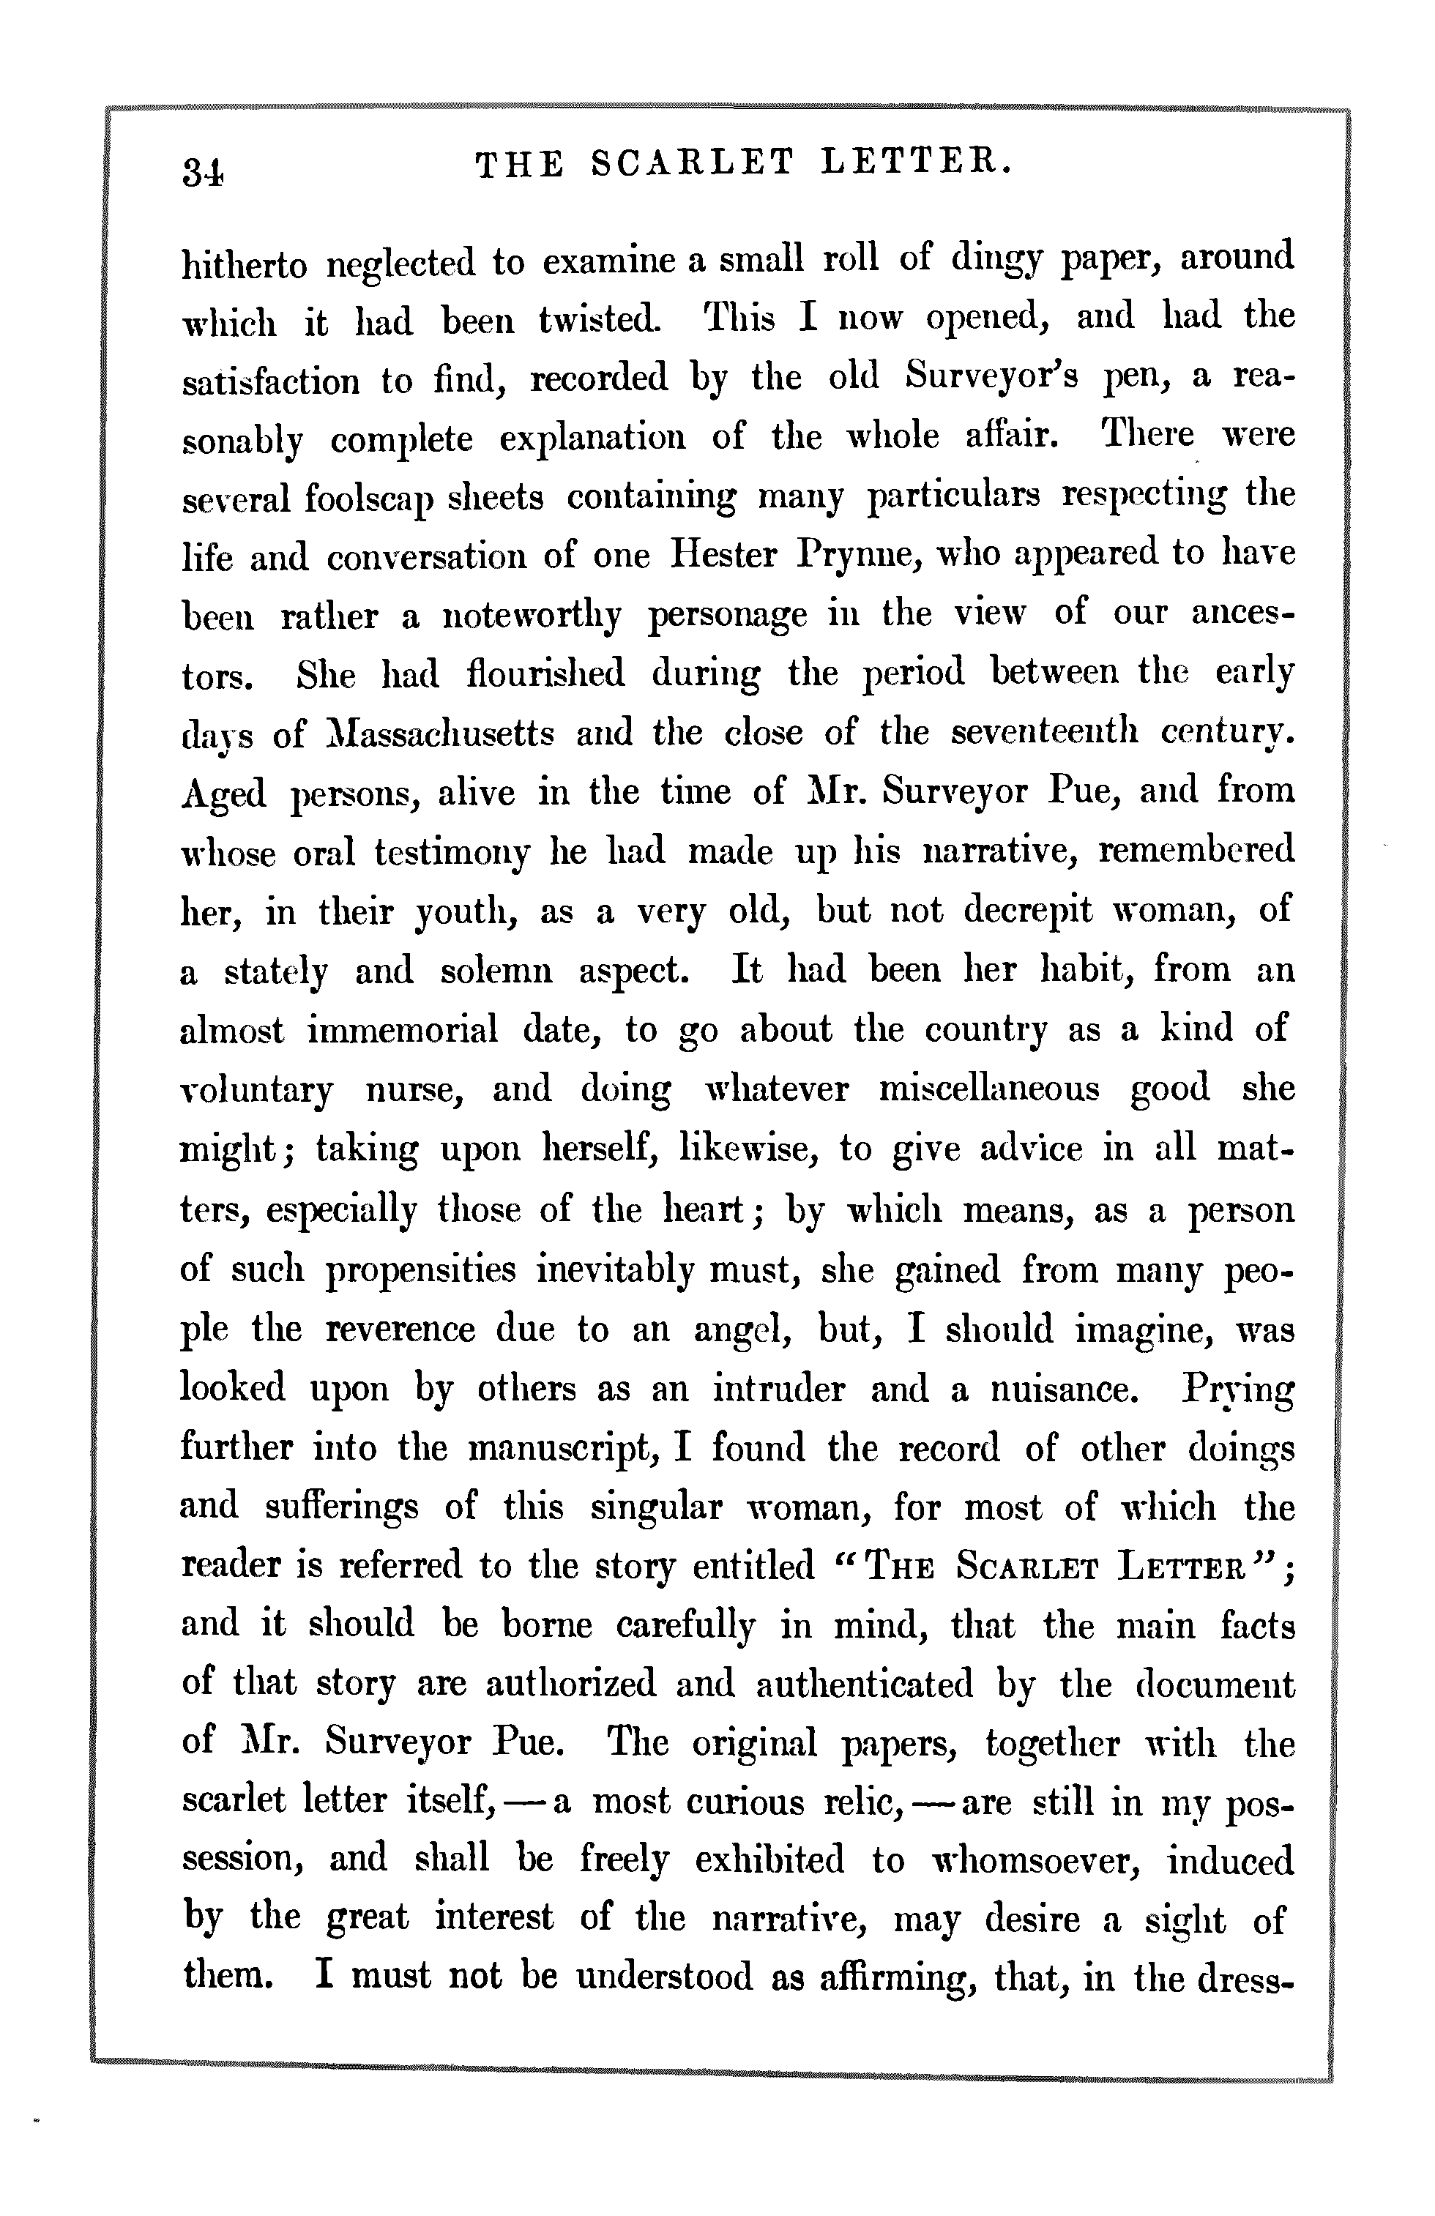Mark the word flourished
[545, 674]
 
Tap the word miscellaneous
[989, 1089]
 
